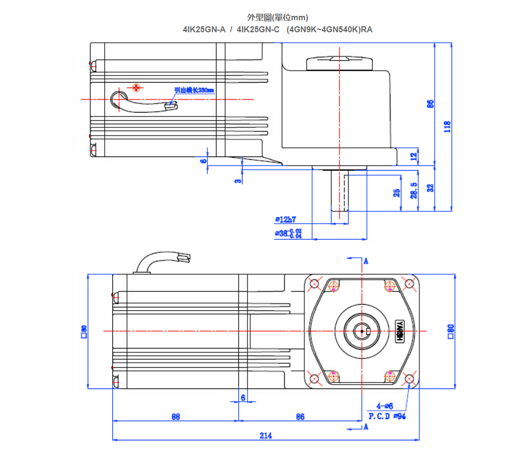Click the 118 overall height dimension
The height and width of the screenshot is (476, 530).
tap(447, 127)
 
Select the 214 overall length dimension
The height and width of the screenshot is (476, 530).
tap(266, 436)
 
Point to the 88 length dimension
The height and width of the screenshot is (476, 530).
tap(175, 416)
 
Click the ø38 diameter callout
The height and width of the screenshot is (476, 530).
tap(288, 234)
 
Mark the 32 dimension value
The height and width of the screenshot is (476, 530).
tap(430, 188)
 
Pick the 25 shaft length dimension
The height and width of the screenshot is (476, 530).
tap(397, 193)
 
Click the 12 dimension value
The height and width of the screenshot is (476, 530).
tap(413, 155)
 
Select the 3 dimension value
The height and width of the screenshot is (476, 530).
tap(239, 181)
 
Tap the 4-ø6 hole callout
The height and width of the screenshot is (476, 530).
tap(385, 406)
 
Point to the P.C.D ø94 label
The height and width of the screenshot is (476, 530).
tap(387, 416)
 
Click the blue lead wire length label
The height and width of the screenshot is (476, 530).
tap(194, 90)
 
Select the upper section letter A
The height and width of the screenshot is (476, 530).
tap(365, 261)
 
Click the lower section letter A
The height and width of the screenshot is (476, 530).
tap(365, 427)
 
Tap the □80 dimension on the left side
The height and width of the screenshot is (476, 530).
tap(84, 332)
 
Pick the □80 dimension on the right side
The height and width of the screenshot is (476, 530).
tap(451, 332)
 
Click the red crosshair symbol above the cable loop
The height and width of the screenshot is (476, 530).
tap(136, 87)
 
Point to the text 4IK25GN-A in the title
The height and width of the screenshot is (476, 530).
tap(204, 30)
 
